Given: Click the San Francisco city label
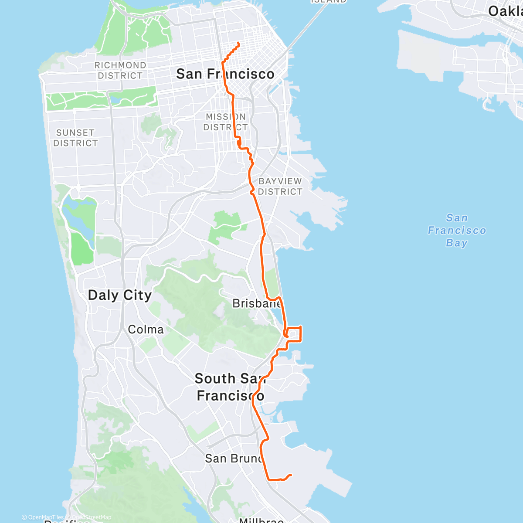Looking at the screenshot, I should pos(225,74).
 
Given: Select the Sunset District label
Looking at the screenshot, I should pos(75,138).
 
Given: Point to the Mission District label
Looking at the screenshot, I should pos(226,122).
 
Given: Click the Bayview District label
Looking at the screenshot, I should pos(280,187).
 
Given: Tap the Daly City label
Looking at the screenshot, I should pos(120,295).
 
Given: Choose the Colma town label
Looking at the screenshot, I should pos(146,329).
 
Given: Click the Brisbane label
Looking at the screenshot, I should pos(256,303).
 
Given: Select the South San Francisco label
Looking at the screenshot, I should pos(230,387).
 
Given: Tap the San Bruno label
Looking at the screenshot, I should pos(233,458).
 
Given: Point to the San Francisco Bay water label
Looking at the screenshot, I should pos(457,230).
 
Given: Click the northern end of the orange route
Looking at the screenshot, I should pos(238,43).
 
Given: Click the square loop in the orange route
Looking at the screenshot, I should pos(294,333).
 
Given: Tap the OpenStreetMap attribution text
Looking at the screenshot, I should pos(90,517).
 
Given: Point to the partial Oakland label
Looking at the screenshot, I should pos(506,11).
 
